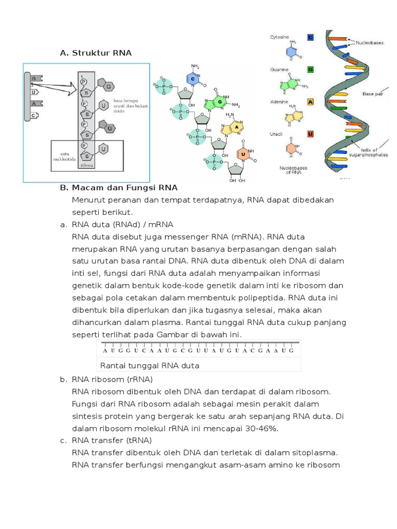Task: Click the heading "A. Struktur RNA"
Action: (96, 53)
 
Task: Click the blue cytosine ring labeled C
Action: (193, 80)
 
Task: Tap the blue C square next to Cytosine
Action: (310, 37)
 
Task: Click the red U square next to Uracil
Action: (310, 134)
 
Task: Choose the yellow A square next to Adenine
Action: (310, 102)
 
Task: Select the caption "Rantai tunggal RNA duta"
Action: (149, 365)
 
